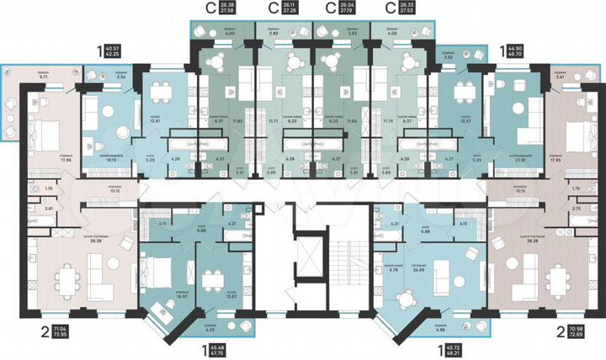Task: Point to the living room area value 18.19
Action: pos(110,156)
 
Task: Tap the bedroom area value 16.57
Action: pos(159,296)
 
